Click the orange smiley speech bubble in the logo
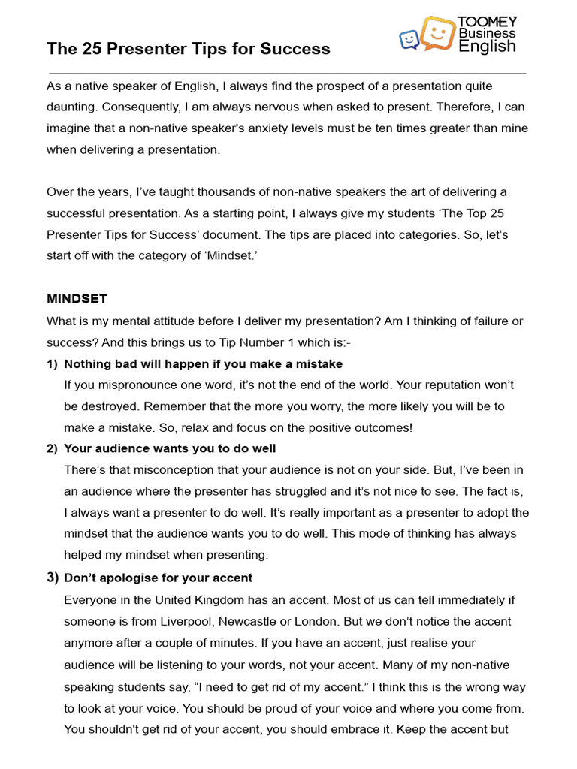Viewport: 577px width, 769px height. (x=437, y=33)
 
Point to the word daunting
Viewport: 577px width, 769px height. (x=71, y=107)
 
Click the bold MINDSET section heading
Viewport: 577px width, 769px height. (x=77, y=299)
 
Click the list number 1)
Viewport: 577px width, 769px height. (x=53, y=364)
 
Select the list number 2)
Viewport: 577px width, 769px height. (x=53, y=449)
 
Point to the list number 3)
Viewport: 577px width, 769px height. (x=53, y=578)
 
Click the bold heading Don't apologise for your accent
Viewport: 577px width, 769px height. (x=159, y=578)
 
